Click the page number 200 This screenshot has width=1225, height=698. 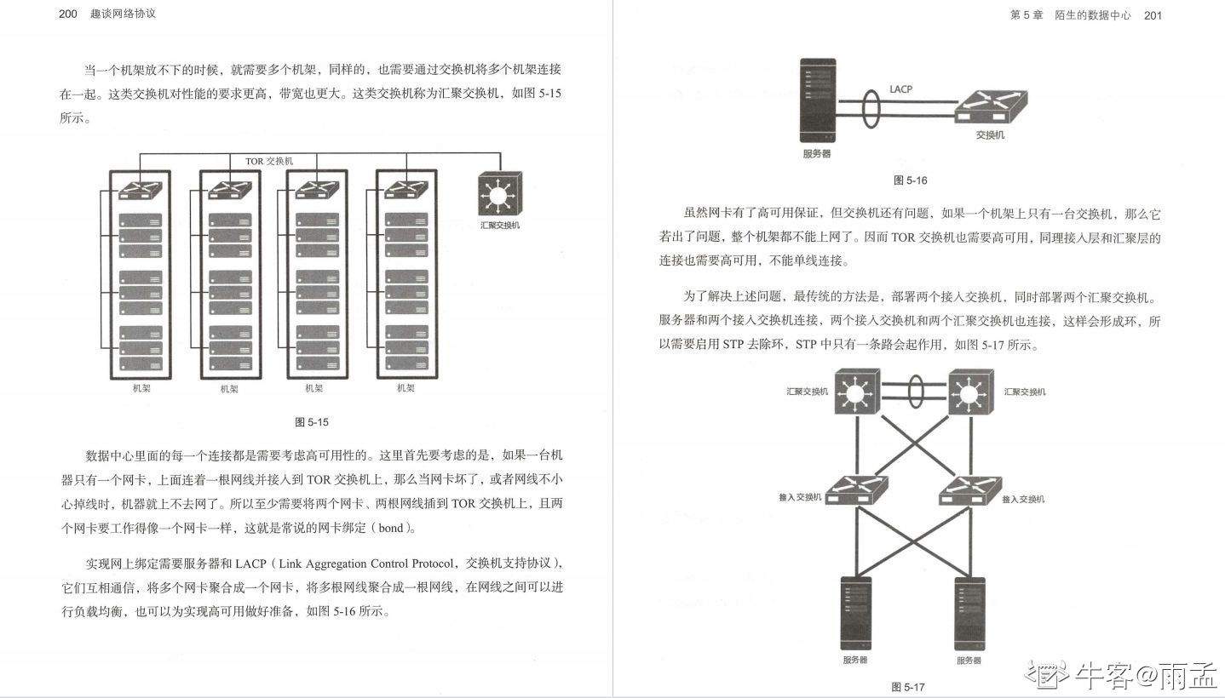pyautogui.click(x=68, y=14)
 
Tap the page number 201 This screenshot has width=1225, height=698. pyautogui.click(x=1153, y=15)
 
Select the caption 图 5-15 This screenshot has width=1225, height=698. pyautogui.click(x=311, y=421)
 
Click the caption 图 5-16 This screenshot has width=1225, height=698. pyautogui.click(x=910, y=180)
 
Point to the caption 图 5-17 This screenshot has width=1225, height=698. pyautogui.click(x=907, y=687)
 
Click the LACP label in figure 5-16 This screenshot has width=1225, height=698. pyautogui.click(x=900, y=89)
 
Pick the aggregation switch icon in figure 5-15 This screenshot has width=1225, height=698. pyautogui.click(x=499, y=195)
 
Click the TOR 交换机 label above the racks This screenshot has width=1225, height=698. pyautogui.click(x=268, y=161)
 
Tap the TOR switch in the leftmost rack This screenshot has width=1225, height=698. pyautogui.click(x=141, y=189)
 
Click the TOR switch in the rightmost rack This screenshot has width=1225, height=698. pyautogui.click(x=406, y=189)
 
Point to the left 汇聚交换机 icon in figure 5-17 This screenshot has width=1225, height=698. pyautogui.click(x=854, y=392)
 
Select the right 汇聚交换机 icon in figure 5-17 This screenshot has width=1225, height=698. pyautogui.click(x=970, y=392)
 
